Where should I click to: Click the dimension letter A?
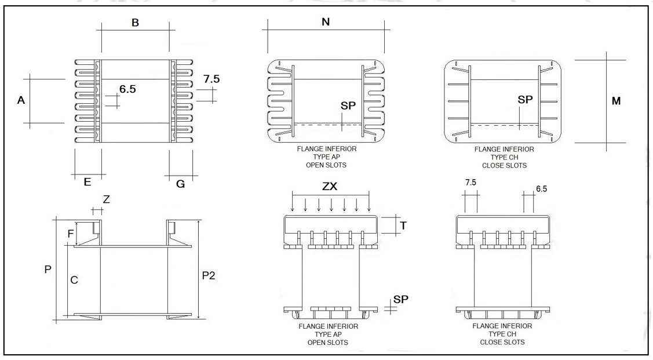coord(21,100)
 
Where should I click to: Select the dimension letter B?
coord(136,23)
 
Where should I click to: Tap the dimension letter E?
coord(87,182)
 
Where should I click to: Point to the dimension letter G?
coord(180,184)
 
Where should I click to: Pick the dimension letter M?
coord(616,101)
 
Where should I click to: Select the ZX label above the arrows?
coord(331,189)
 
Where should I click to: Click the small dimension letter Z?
coord(105,199)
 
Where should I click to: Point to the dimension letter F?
coord(71,234)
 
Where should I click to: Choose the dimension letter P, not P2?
coord(48,270)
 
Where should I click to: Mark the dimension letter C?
coord(74,279)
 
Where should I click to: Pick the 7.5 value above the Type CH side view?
coord(471,182)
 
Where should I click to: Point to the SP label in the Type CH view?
coord(526,99)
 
